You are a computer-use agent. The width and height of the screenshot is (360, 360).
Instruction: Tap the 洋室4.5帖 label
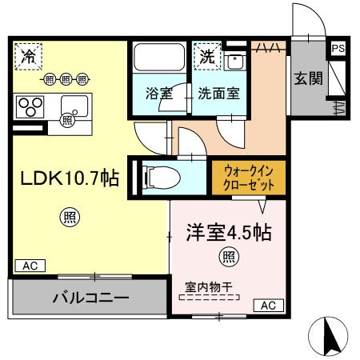[x=228, y=234]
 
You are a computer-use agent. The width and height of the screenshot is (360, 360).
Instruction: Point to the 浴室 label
[x=157, y=94]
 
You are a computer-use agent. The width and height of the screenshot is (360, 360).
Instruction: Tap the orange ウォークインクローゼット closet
[x=249, y=177]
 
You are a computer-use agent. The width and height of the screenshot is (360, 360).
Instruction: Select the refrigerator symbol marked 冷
[x=29, y=56]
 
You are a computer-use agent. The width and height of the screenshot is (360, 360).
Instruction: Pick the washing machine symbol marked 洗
[x=207, y=56]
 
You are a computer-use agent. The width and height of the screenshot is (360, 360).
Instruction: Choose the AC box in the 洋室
[x=267, y=305]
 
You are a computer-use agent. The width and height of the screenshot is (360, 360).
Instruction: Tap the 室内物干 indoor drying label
[x=207, y=286]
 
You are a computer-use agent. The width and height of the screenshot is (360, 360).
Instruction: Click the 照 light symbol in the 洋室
[x=228, y=257]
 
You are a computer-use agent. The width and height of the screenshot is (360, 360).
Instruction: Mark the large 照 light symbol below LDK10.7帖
[x=69, y=215]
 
